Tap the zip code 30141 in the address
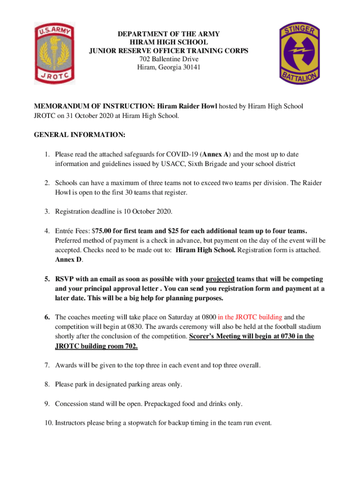[x=190, y=67]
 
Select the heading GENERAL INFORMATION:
[x=79, y=135]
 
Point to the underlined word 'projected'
[x=220, y=279]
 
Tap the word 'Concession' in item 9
[x=72, y=403]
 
